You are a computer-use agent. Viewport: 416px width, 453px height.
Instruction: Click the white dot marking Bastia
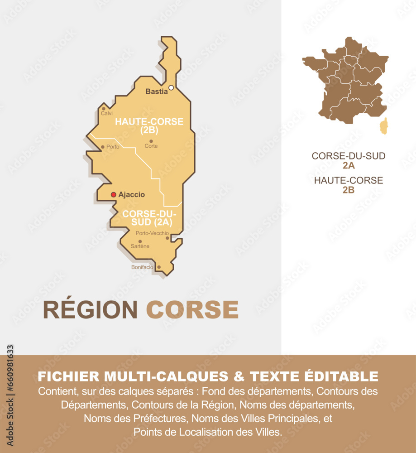point(171,88)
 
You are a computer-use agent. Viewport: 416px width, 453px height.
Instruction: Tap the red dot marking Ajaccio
point(113,195)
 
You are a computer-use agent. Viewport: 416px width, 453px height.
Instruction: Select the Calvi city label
point(107,113)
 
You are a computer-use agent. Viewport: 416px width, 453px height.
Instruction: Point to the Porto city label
point(113,147)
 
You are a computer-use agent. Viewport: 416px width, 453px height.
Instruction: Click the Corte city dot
point(151,141)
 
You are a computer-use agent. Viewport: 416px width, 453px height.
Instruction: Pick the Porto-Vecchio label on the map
point(152,233)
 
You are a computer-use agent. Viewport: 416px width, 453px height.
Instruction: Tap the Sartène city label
point(140,246)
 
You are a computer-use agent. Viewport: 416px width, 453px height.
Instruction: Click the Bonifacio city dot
point(158,267)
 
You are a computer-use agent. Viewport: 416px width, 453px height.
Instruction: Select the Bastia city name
point(156,92)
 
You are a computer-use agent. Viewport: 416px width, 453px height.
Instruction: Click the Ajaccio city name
point(132,195)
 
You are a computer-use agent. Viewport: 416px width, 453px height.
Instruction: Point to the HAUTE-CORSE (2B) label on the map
point(149,126)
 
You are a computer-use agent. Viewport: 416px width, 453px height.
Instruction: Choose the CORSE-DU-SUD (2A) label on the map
point(149,217)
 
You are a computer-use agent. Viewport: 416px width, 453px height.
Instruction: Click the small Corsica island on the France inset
point(383,126)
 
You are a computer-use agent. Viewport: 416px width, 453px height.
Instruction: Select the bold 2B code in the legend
point(348,190)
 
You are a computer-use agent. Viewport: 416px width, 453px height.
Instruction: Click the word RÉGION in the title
point(90,310)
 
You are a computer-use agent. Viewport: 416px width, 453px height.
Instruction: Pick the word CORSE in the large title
point(192,310)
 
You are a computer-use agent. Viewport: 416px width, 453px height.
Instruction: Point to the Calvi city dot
point(103,108)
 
